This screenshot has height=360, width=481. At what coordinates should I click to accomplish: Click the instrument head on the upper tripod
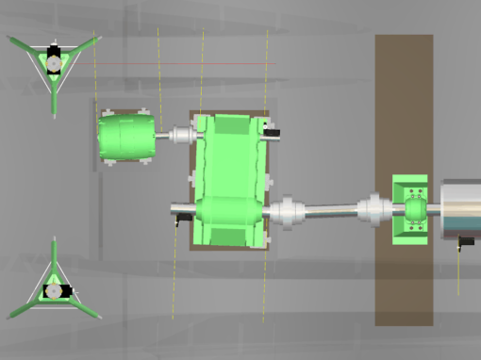tap(55, 60)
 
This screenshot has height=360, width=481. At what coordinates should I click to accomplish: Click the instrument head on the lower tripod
tap(54, 290)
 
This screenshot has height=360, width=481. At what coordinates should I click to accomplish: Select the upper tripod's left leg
tap(24, 43)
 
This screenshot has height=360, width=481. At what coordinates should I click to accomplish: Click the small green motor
tap(125, 139)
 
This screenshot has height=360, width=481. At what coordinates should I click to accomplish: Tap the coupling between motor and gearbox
tap(180, 137)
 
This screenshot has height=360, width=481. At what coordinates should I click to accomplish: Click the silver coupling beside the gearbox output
tap(287, 210)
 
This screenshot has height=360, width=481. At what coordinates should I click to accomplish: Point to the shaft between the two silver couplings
tap(329, 210)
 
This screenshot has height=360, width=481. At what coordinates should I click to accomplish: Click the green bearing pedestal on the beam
tap(412, 208)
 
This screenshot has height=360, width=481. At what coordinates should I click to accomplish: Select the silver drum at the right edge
tap(460, 208)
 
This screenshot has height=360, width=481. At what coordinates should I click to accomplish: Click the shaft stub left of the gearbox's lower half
tap(181, 208)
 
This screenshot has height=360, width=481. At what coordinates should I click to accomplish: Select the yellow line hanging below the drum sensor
tap(459, 273)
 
